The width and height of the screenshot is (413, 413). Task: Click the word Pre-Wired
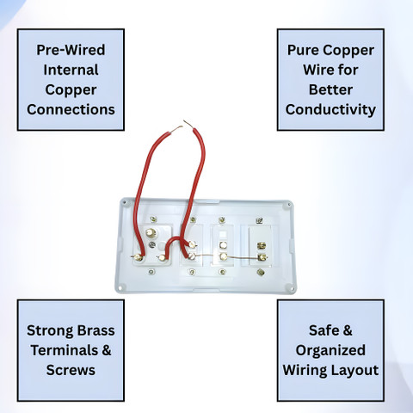coord(71,50)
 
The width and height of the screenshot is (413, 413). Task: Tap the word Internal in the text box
coord(71,70)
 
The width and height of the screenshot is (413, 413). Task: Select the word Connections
coord(71,109)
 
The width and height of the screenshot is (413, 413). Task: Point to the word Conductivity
coord(330,109)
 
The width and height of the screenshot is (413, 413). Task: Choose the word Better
coord(330,89)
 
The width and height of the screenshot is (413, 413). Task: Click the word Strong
coord(50,330)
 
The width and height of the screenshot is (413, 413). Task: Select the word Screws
coord(71,370)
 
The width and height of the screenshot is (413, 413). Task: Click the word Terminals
coord(65,350)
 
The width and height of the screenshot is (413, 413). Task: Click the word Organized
coord(330,350)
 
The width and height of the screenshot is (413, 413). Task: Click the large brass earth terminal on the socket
coord(151,232)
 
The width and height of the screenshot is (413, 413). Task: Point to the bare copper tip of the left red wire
coord(176,128)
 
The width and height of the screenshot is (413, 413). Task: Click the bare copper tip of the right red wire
coord(188,124)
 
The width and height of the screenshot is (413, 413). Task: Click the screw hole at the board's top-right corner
coord(289,205)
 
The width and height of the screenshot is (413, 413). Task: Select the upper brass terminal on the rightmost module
coord(262,245)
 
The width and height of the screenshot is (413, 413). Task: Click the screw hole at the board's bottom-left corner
coord(121,287)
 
